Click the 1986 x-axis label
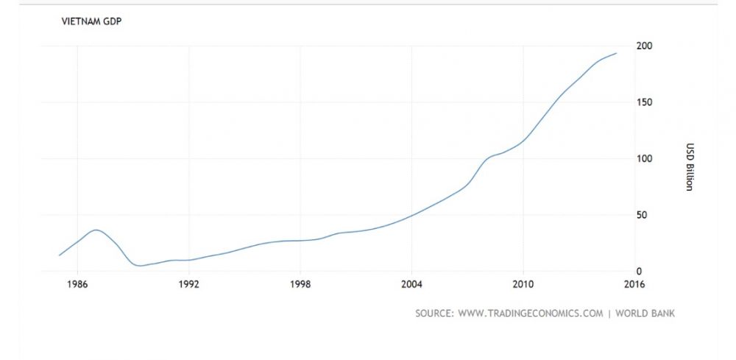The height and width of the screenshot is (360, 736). click(x=78, y=284)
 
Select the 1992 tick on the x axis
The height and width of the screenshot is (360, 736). click(x=189, y=284)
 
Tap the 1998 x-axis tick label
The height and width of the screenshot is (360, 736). click(x=300, y=284)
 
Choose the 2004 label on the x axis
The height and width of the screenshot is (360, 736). click(x=411, y=284)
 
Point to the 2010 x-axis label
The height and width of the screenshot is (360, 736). click(x=523, y=284)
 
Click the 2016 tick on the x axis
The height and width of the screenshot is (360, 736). click(x=634, y=284)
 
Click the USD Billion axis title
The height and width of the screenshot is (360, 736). click(x=689, y=166)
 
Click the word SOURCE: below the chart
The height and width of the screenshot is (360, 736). click(x=434, y=314)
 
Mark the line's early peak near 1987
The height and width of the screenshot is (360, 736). click(x=96, y=230)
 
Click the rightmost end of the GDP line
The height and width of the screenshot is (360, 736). click(x=617, y=53)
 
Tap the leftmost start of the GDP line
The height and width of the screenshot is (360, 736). click(x=60, y=255)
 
